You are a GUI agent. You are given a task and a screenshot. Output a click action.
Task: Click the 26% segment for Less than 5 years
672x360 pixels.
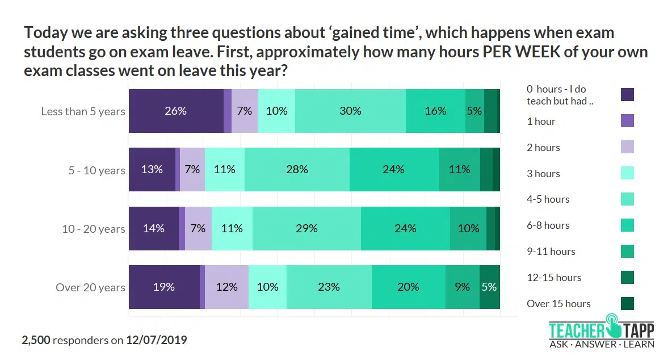pos(176,111)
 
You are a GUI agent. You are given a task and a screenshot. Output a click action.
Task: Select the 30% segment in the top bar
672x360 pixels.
pos(350,111)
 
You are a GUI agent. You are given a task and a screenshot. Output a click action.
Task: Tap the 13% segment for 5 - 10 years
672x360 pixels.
pos(152,169)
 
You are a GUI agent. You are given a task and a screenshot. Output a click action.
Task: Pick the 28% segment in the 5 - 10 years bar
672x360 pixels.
pos(297,169)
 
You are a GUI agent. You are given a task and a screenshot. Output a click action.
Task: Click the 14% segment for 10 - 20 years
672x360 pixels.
pos(154,228)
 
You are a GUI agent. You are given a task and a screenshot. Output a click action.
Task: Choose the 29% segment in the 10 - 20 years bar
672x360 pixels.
pos(306,228)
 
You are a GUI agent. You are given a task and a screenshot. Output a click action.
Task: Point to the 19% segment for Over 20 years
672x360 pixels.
pos(164,287)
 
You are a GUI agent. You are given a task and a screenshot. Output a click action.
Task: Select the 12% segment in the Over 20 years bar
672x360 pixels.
pos(226,287)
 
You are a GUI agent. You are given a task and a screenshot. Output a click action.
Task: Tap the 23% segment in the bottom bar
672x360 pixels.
pos(329,287)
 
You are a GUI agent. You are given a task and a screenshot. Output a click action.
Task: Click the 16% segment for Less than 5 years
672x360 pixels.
pos(435,111)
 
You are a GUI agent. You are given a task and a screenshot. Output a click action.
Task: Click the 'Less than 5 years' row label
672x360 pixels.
pos(83,111)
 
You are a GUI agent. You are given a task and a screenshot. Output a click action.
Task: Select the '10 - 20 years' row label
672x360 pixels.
pos(93,229)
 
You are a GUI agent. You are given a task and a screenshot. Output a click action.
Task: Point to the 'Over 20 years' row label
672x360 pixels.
pos(90,287)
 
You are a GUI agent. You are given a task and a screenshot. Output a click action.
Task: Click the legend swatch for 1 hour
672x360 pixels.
pos(627,121)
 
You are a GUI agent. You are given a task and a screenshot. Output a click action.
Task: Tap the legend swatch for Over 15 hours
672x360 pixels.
pos(627,303)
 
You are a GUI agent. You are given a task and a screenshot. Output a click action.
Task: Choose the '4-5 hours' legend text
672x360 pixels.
pos(548,199)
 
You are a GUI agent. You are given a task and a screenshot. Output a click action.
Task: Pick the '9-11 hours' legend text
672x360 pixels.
pos(551,252)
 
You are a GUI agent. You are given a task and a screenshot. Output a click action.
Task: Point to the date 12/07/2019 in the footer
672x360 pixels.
pos(157,340)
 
